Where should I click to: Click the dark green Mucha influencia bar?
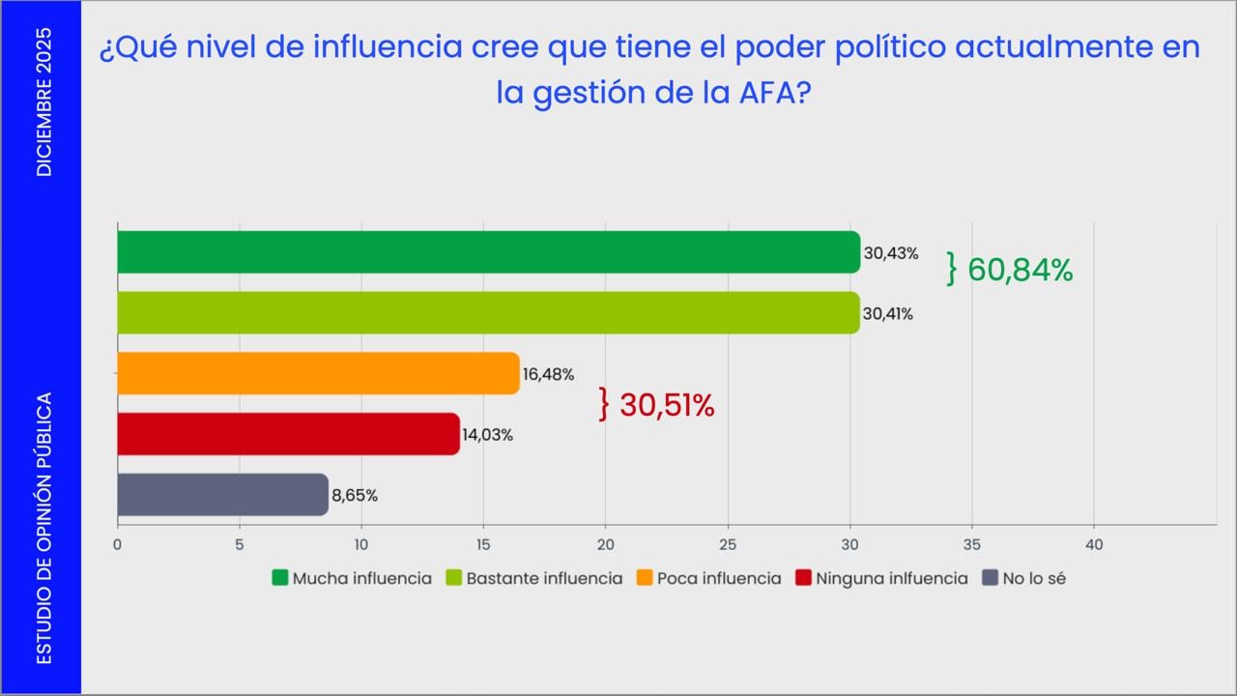(488, 252)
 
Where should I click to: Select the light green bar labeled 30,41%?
(488, 313)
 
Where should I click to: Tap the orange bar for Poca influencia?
(318, 373)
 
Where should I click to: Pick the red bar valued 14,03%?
(288, 434)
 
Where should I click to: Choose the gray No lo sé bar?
(222, 495)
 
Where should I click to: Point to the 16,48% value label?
(548, 374)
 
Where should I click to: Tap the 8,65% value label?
(355, 496)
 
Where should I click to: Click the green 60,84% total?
(1020, 271)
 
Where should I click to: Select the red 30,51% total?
(667, 406)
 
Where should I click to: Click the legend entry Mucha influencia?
(361, 578)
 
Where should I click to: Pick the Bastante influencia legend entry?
(544, 578)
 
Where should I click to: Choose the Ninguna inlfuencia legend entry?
(891, 578)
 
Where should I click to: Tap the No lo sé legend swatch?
(990, 578)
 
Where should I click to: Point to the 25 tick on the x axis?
(728, 545)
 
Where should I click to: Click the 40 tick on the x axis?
(1094, 545)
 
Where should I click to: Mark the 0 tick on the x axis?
(117, 545)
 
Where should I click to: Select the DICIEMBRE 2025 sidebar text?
(44, 102)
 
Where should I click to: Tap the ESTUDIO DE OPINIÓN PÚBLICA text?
(44, 528)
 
